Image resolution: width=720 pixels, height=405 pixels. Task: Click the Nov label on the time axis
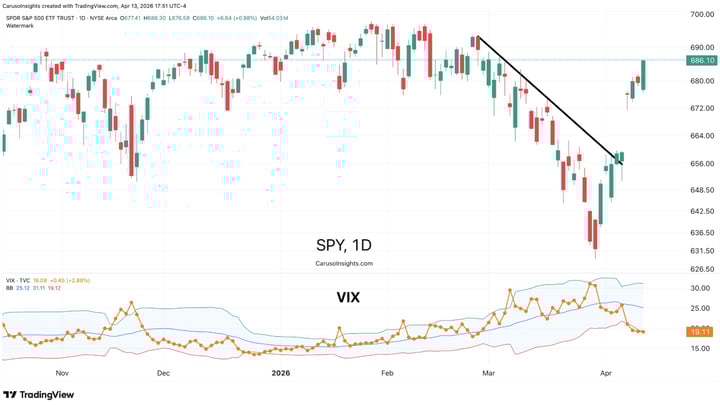coord(62,371)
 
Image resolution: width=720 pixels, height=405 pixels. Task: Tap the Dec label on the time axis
coord(163,371)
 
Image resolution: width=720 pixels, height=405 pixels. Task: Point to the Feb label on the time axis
coord(388,371)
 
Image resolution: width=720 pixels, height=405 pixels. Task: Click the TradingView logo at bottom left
coord(40,394)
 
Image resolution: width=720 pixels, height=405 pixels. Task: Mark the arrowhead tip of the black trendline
coord(623,164)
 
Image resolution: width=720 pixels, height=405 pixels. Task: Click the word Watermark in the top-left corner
coord(20,24)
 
